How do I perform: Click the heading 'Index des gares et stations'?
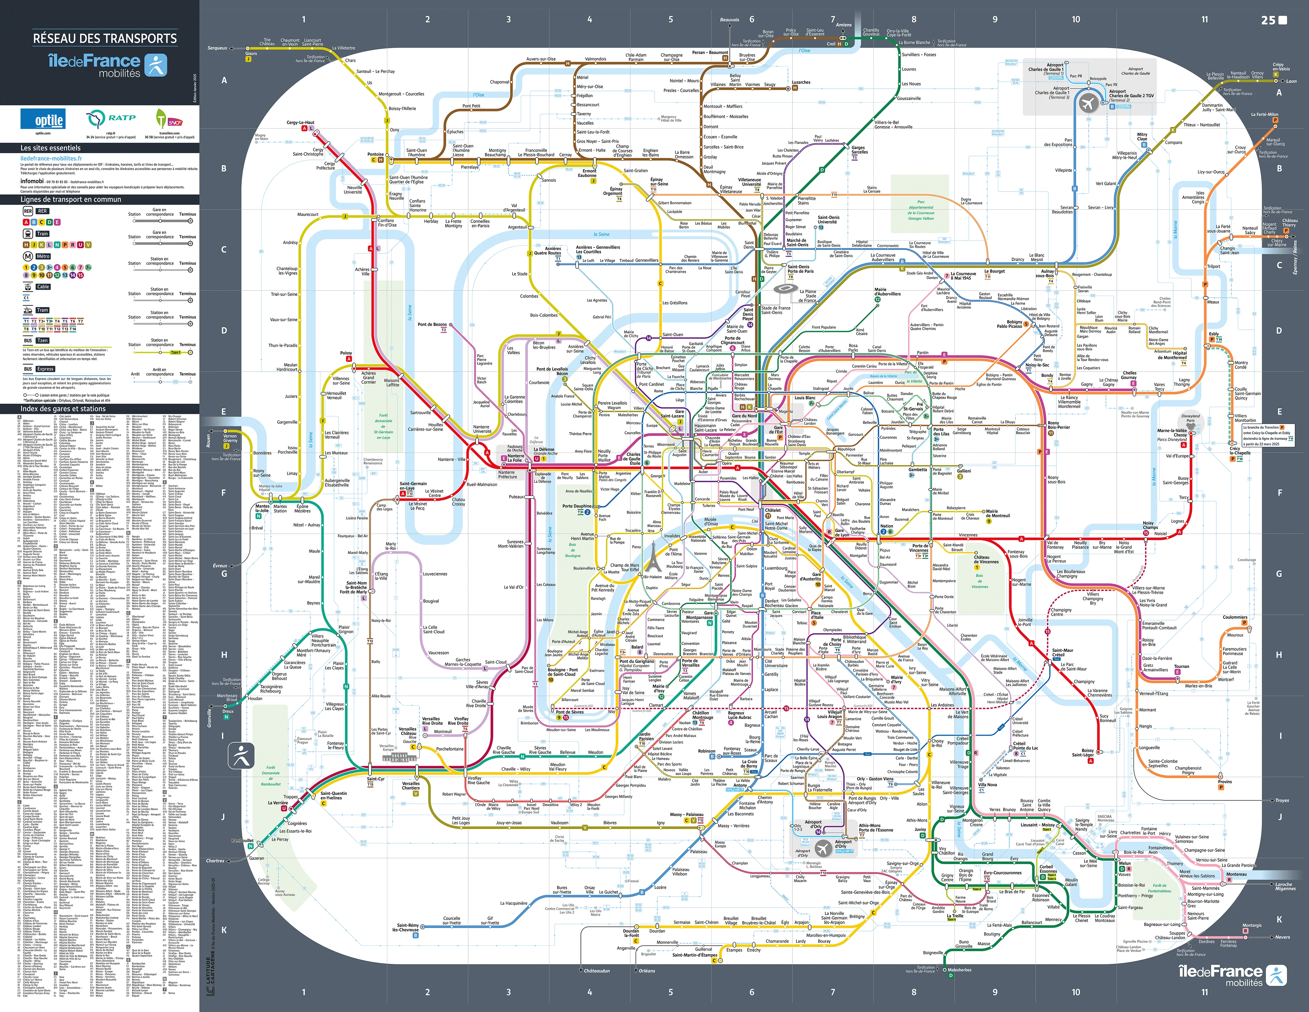click(63, 409)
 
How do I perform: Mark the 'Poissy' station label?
click(347, 353)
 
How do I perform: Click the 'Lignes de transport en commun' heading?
click(71, 200)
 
